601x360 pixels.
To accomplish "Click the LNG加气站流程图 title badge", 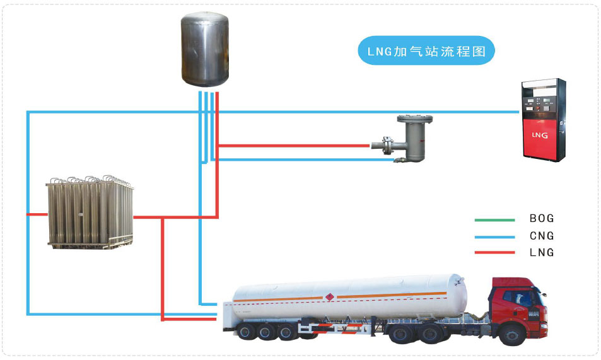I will click(426, 51).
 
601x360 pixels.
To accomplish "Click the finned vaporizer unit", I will click(90, 212).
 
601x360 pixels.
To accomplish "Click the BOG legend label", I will click(542, 219).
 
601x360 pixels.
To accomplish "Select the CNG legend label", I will click(542, 236).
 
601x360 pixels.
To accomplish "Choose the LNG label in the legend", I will click(542, 252).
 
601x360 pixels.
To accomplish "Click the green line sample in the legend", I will click(494, 219).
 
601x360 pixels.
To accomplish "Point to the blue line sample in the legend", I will click(494, 236).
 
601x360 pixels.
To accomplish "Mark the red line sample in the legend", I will click(494, 253).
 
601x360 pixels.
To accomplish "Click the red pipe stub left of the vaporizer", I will click(37, 214).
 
